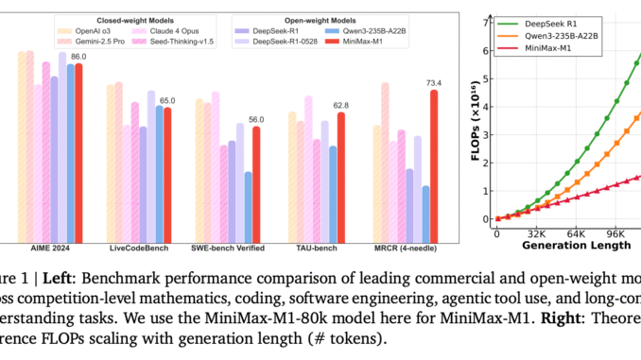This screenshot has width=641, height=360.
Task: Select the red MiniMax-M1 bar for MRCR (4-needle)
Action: pos(434,165)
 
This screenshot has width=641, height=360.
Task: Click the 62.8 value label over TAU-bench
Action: pos(341,105)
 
